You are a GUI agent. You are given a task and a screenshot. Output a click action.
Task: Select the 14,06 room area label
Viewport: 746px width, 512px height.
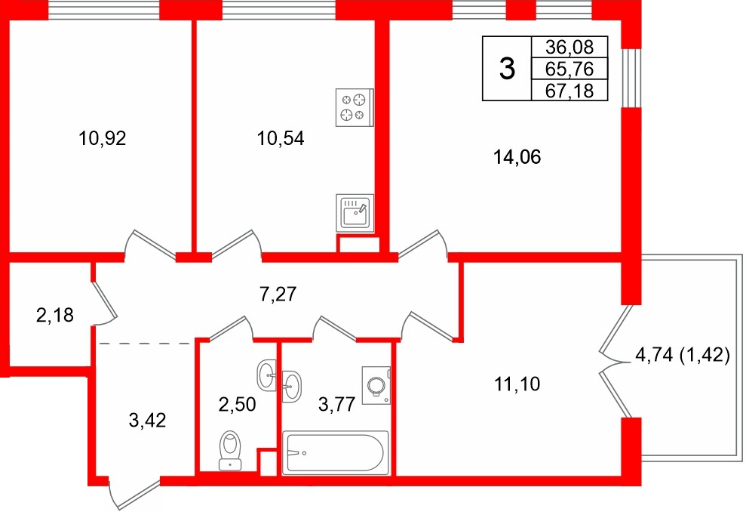pos(517,158)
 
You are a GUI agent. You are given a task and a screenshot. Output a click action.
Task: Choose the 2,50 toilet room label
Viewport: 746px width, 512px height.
pos(238,404)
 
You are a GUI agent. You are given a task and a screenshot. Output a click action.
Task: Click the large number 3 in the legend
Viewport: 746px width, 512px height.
pos(508,69)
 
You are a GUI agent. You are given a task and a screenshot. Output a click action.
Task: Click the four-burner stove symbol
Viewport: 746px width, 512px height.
pos(354,106)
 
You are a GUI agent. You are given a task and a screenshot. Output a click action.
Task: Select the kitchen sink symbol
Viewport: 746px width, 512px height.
pos(354,212)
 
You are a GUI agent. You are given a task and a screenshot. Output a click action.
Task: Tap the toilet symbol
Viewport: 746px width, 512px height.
pos(230,451)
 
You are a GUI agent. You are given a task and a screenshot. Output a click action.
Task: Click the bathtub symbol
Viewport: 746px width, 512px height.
pos(335,454)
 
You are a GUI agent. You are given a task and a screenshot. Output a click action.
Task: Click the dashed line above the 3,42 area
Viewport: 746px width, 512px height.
pos(145,343)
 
